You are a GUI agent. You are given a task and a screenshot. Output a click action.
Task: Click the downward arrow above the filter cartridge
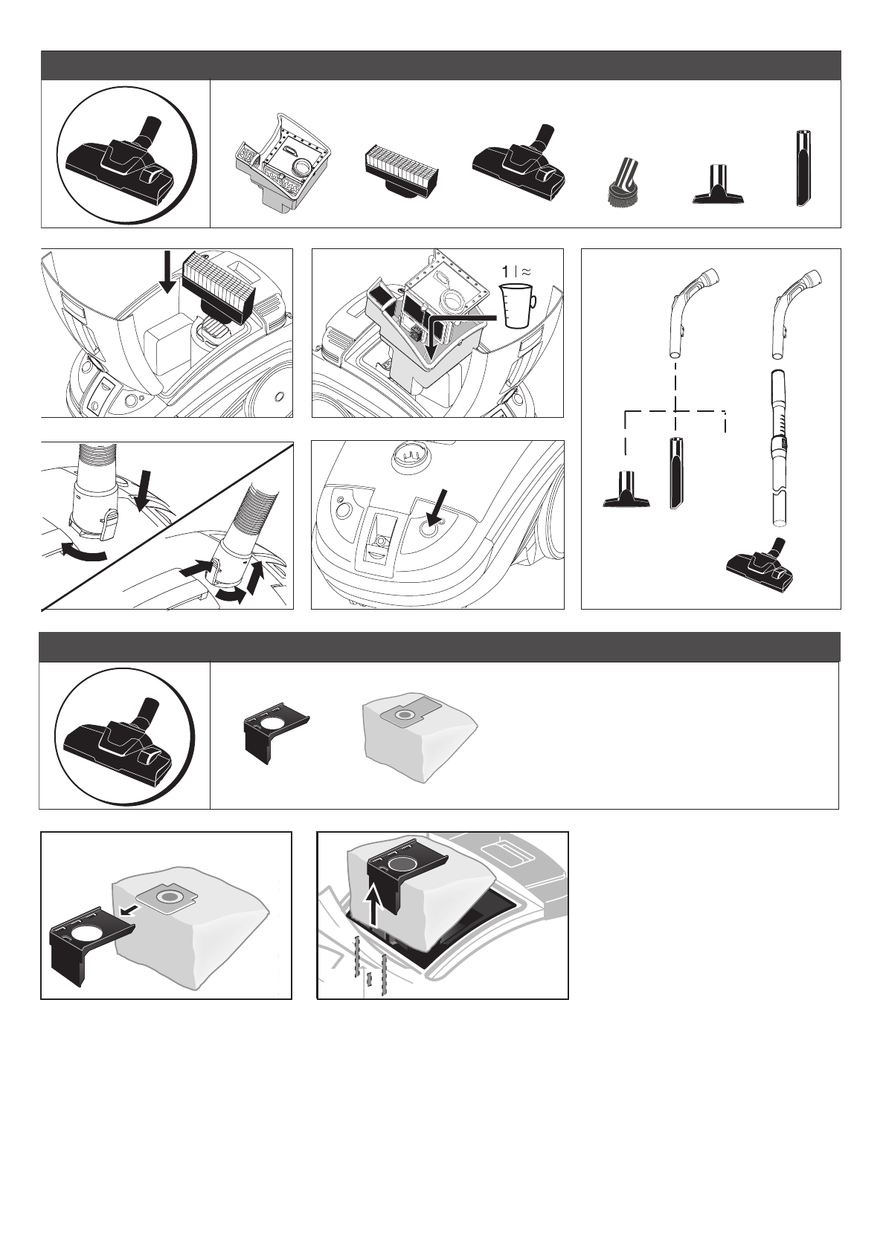click(167, 272)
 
